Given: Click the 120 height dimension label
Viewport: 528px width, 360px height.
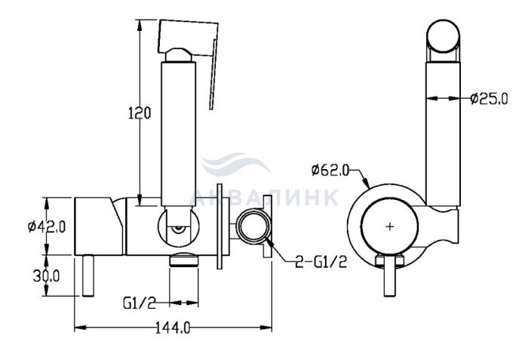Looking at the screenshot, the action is [x=140, y=113].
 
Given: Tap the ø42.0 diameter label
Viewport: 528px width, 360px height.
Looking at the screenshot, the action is [x=47, y=226].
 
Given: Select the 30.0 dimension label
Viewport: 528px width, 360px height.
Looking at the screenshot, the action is [x=46, y=276].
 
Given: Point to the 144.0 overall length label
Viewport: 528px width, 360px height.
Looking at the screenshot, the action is [x=173, y=328].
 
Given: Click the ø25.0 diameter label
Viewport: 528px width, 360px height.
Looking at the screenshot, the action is [x=489, y=99].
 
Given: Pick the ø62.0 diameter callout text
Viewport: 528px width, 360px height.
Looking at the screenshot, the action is [x=330, y=171].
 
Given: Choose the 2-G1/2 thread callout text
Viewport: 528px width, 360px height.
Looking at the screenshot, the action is [x=321, y=262].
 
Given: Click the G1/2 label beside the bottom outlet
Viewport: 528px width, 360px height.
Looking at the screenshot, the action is [x=140, y=303].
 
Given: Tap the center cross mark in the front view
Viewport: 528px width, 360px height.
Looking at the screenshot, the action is [x=390, y=226].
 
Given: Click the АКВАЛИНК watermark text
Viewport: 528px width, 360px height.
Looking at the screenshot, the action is [x=264, y=198].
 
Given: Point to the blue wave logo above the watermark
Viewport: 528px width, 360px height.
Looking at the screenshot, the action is [x=235, y=165].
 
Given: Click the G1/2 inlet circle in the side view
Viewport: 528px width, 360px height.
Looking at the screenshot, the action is [x=253, y=226].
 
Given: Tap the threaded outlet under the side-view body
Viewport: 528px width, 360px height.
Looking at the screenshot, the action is [x=183, y=260].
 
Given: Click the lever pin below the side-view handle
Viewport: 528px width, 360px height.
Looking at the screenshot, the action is [x=87, y=275].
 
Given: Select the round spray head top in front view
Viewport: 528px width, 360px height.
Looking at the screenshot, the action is [x=444, y=36].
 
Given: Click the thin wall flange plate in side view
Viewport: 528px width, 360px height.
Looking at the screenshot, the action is [x=220, y=226].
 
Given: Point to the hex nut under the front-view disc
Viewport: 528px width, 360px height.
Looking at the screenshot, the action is [x=390, y=260].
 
